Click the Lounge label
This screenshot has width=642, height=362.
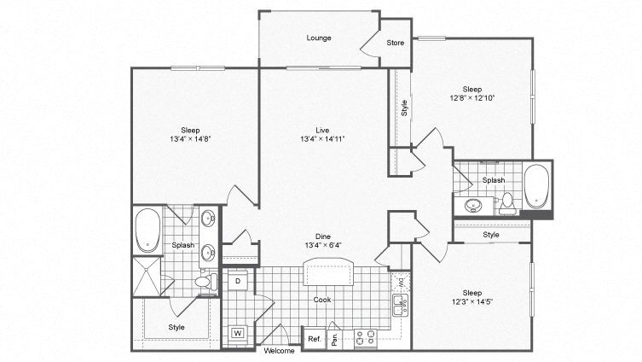[x=320, y=38]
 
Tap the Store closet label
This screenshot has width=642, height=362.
[x=396, y=42]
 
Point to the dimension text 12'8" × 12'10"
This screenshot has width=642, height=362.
[x=472, y=98]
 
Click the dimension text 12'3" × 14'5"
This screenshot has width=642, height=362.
[x=471, y=301]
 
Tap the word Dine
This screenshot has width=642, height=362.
[x=322, y=236]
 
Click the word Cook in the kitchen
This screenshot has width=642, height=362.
[x=322, y=300]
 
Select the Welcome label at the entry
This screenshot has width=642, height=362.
[x=279, y=351]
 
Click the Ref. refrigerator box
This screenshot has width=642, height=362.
[x=314, y=338]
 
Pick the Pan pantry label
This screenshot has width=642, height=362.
[x=335, y=338]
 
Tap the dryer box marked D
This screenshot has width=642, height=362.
[x=237, y=280]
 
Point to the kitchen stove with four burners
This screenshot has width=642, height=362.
[x=365, y=338]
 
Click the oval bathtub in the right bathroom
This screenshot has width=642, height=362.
[x=536, y=186]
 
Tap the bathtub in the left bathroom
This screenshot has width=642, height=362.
[x=148, y=231]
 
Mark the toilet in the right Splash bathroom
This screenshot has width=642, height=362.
[x=508, y=201]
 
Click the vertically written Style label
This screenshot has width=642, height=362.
[x=404, y=108]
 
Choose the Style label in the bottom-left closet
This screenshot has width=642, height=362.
[x=176, y=327]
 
